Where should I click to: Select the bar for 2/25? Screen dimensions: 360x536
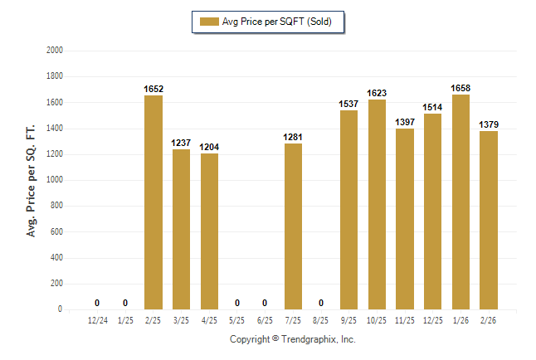(x=153, y=202)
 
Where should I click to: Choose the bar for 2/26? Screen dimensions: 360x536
(x=489, y=220)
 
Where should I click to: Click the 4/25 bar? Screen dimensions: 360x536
(x=209, y=231)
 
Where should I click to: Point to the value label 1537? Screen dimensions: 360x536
(x=348, y=104)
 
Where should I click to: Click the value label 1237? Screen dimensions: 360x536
(x=181, y=143)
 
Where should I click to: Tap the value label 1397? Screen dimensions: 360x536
(x=405, y=122)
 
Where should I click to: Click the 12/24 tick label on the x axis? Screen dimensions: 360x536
(x=97, y=320)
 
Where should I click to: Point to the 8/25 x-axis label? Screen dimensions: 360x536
(x=321, y=320)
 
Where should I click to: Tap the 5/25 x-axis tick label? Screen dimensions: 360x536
(x=237, y=320)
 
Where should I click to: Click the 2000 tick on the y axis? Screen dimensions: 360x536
(x=56, y=51)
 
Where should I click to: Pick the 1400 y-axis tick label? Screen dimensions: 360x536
(x=56, y=129)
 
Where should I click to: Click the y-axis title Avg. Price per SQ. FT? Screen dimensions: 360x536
(x=32, y=180)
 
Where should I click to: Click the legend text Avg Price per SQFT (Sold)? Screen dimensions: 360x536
(x=276, y=22)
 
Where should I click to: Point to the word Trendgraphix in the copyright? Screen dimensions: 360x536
(x=306, y=339)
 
